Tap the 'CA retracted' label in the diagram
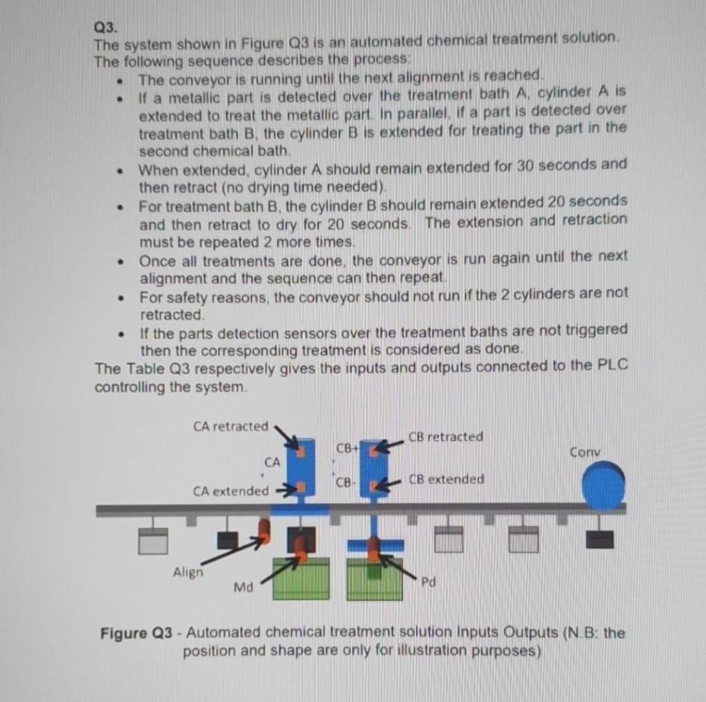pyautogui.click(x=230, y=427)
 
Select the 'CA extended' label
pyautogui.click(x=230, y=491)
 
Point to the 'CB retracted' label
pyautogui.click(x=445, y=437)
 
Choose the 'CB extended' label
pyautogui.click(x=446, y=479)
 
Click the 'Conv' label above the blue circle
pyautogui.click(x=585, y=452)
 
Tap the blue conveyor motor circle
pyautogui.click(x=603, y=486)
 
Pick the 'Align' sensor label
pyautogui.click(x=187, y=572)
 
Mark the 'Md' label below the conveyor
pyautogui.click(x=243, y=587)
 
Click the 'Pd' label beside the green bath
pyautogui.click(x=428, y=582)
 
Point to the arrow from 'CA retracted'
pyautogui.click(x=286, y=436)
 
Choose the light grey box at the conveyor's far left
pyautogui.click(x=153, y=541)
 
